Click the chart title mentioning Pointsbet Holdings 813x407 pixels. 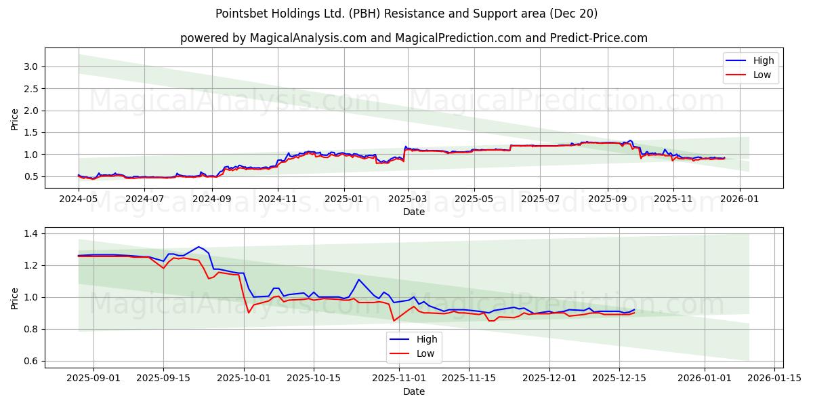click(x=406, y=14)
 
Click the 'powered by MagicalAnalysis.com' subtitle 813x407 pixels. click(x=413, y=38)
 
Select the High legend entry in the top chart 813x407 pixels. click(x=763, y=60)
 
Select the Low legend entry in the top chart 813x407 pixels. click(x=762, y=75)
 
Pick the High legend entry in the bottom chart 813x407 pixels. click(x=426, y=339)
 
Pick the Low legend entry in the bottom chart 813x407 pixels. click(x=425, y=353)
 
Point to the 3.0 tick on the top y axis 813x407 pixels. click(x=31, y=66)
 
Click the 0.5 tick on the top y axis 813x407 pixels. click(x=31, y=177)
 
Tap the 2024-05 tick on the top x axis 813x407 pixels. click(x=79, y=199)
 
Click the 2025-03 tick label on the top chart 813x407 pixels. click(x=408, y=199)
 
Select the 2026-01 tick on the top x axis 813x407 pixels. click(x=739, y=199)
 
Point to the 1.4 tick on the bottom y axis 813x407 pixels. click(x=31, y=233)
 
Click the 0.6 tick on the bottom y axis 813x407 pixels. click(x=31, y=361)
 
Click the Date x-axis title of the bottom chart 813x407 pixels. click(x=413, y=391)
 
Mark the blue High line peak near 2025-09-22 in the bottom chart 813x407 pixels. click(x=199, y=247)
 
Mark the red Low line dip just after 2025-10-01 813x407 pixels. click(x=249, y=313)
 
